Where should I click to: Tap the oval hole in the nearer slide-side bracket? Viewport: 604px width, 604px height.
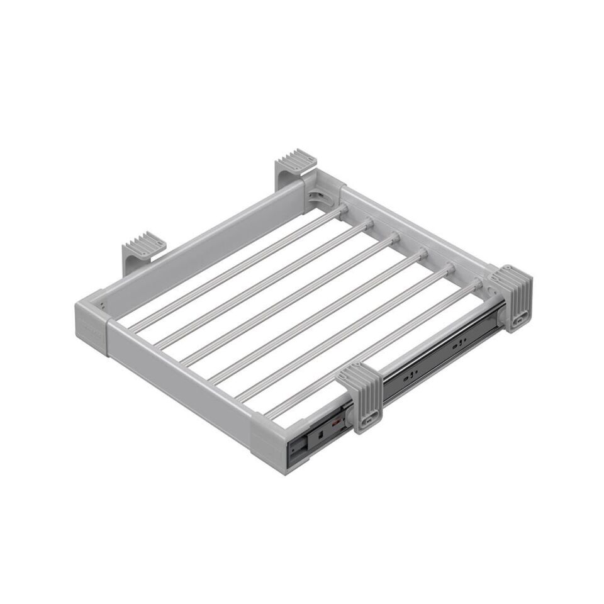371,416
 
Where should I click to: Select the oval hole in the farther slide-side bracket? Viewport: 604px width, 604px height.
520,319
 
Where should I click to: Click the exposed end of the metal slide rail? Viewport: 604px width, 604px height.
296,448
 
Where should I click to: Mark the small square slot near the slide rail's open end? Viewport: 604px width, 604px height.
320,433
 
